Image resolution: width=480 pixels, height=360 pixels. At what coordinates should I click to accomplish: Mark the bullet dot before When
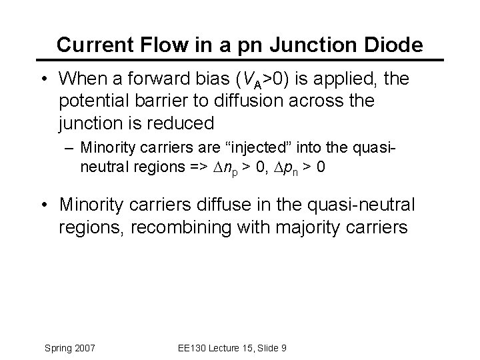(41, 80)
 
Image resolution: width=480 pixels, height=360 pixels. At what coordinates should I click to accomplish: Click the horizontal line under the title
(240, 61)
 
